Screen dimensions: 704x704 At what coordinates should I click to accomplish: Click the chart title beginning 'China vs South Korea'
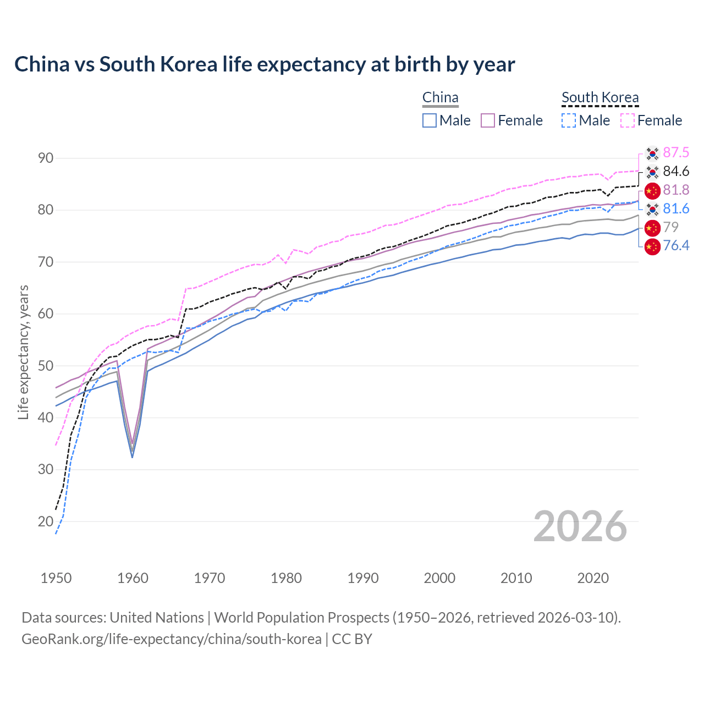click(265, 64)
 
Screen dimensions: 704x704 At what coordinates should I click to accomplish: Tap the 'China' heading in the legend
click(440, 98)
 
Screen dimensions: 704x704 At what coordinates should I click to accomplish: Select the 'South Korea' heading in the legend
click(600, 98)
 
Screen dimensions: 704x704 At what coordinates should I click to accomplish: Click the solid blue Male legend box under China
click(430, 120)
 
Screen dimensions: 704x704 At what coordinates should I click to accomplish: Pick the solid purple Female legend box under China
click(488, 120)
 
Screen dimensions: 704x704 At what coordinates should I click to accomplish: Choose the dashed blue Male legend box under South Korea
click(569, 120)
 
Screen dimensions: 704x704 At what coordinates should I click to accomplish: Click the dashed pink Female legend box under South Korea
click(628, 120)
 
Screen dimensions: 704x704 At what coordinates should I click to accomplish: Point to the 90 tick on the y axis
click(46, 158)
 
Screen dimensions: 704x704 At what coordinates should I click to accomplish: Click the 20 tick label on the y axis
click(46, 521)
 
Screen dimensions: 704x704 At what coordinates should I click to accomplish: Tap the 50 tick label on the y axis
click(46, 366)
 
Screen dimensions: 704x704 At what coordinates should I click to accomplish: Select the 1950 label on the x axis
click(56, 578)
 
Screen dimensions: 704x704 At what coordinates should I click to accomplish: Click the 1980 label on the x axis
click(286, 578)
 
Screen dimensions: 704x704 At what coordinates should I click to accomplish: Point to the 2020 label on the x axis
click(593, 578)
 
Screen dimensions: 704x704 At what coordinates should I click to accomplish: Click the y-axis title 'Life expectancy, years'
click(23, 352)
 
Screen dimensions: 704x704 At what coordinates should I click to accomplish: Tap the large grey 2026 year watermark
click(580, 526)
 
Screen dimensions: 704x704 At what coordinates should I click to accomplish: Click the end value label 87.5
click(676, 152)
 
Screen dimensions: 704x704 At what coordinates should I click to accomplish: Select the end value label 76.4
click(676, 245)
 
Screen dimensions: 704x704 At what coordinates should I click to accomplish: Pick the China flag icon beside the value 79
click(652, 227)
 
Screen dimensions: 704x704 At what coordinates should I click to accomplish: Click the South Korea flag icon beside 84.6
click(652, 172)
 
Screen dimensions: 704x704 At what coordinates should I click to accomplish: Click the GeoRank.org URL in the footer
click(172, 639)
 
